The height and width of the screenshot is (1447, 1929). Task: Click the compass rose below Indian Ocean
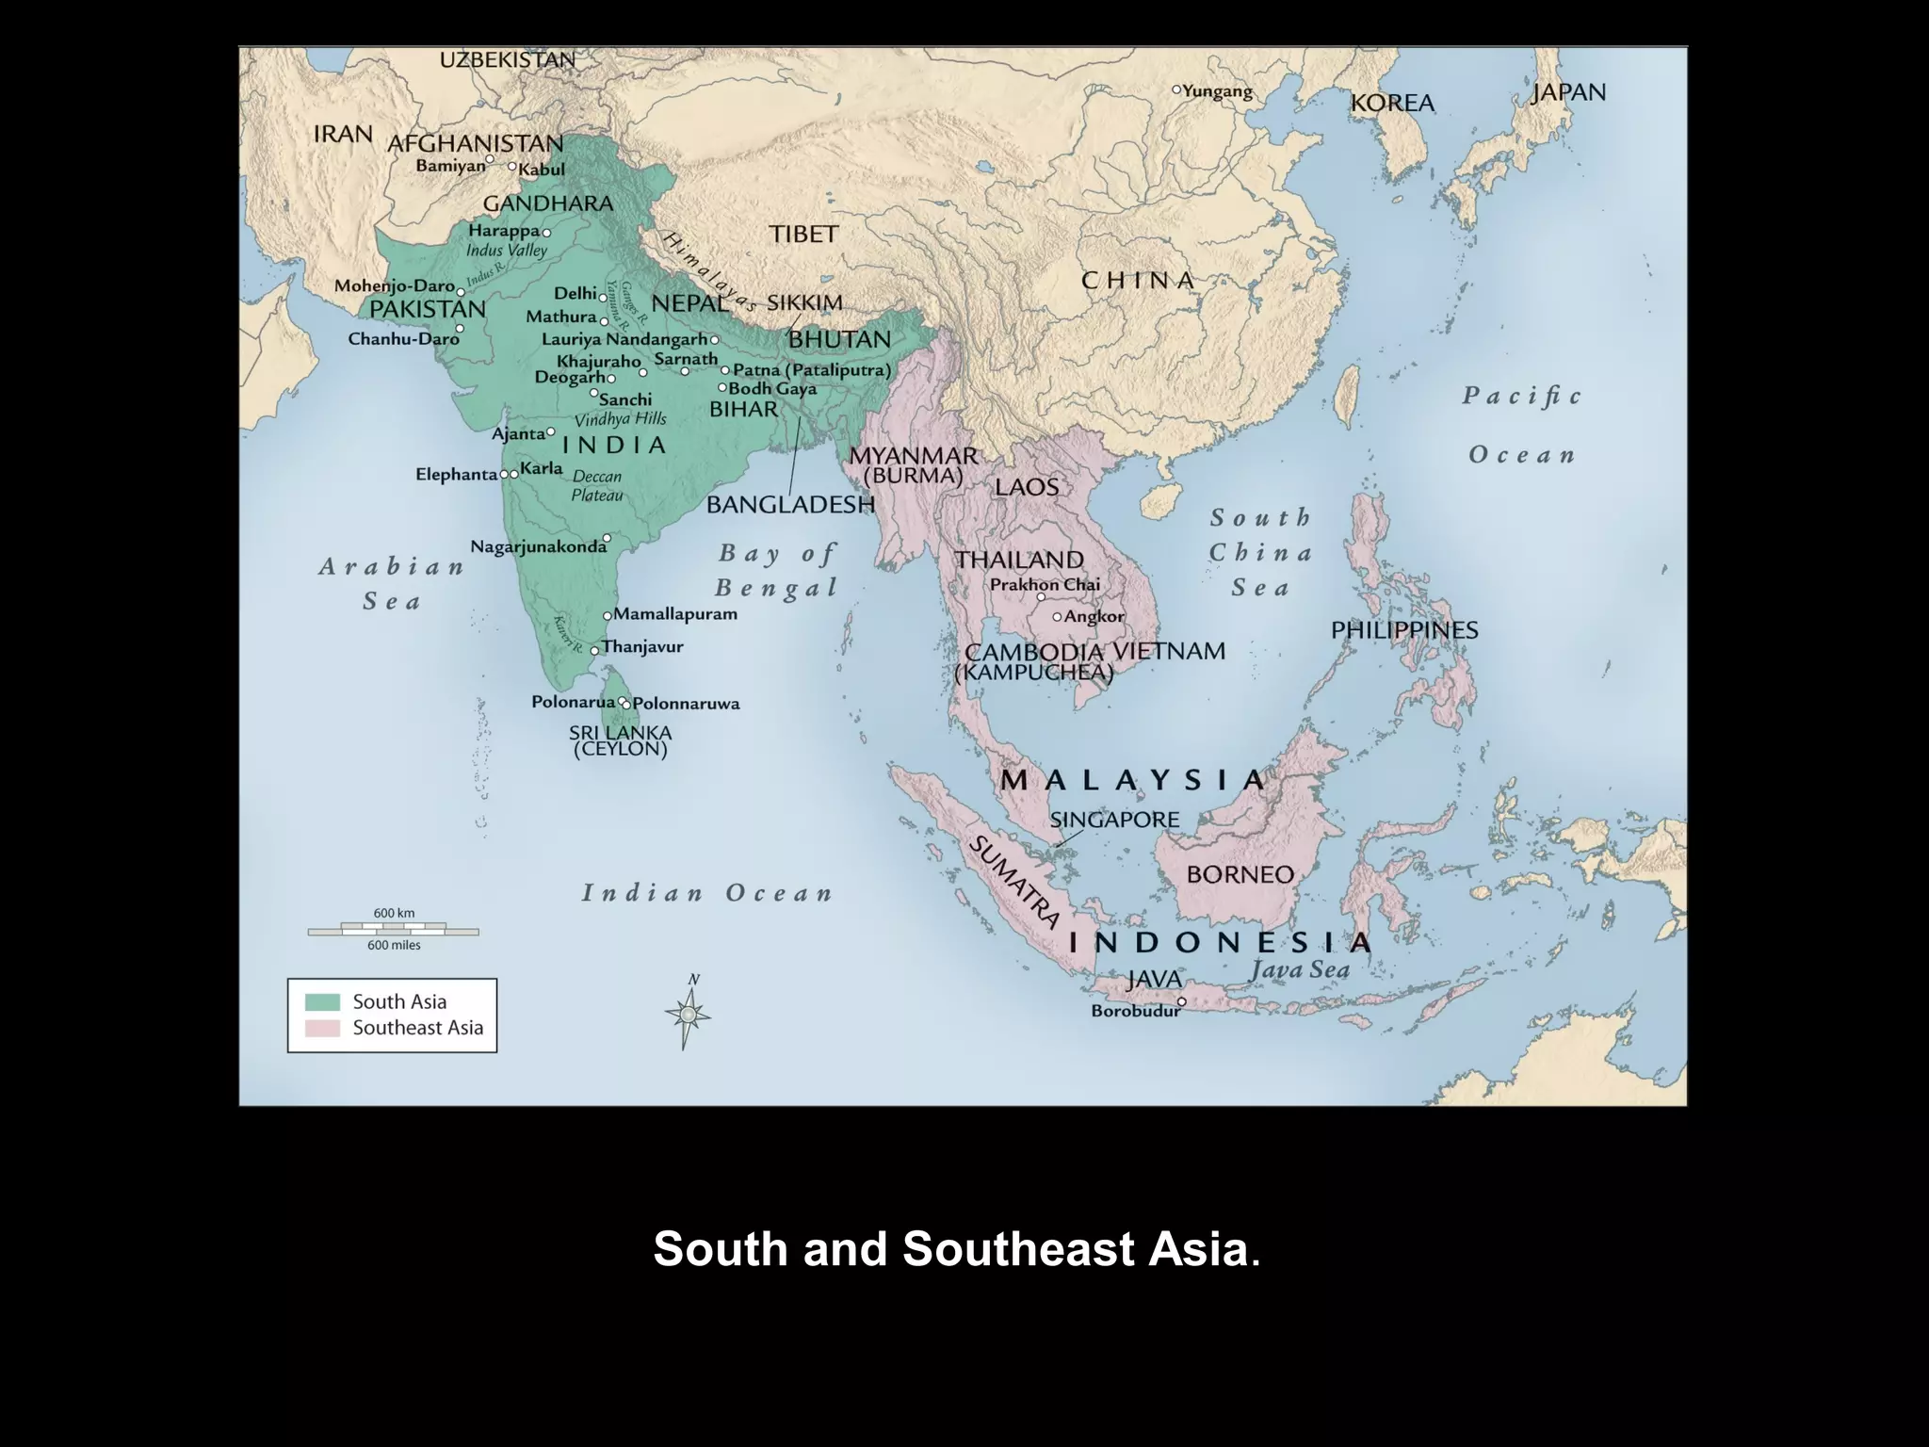click(x=689, y=1015)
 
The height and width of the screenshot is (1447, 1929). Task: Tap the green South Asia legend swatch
click(x=322, y=1001)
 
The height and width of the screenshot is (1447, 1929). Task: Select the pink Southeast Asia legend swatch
click(x=322, y=1028)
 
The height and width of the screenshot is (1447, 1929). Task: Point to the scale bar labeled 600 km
click(x=393, y=931)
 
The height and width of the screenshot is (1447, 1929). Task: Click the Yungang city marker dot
click(x=1176, y=89)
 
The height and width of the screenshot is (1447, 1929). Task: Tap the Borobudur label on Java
click(x=1135, y=1012)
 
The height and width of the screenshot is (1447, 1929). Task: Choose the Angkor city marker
click(x=1057, y=617)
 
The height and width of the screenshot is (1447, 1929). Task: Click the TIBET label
click(x=803, y=234)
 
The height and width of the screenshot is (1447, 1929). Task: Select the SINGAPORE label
click(x=1114, y=820)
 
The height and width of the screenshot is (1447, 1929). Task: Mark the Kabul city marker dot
click(x=512, y=167)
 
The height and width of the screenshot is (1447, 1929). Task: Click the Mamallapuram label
click(x=675, y=614)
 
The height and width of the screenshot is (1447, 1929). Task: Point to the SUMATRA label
click(x=1015, y=881)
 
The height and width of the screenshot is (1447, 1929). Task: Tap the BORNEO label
click(x=1240, y=874)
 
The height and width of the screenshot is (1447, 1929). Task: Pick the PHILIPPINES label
click(x=1403, y=630)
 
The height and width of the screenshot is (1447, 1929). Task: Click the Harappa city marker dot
click(x=546, y=232)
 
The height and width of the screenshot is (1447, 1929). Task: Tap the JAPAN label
click(x=1568, y=92)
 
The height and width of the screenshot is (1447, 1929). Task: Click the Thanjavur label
click(x=642, y=647)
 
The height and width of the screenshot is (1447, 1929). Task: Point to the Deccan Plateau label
click(x=597, y=486)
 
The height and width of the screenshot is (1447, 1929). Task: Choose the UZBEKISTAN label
click(x=508, y=60)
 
